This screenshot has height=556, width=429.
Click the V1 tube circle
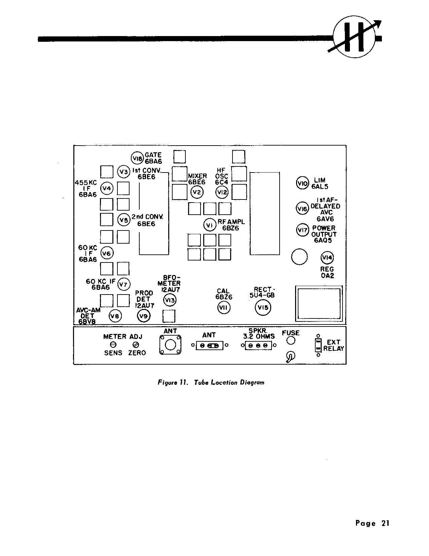(210, 225)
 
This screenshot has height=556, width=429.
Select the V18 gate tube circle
(137, 158)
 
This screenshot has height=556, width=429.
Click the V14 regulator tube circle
(327, 258)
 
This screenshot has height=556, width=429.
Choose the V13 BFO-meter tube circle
(170, 300)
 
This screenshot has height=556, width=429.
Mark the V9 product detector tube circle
(144, 316)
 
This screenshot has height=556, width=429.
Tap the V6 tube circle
(107, 253)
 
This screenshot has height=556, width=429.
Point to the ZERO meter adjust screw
(136, 345)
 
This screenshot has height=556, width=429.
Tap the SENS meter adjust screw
(113, 345)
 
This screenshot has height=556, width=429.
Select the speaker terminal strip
(258, 345)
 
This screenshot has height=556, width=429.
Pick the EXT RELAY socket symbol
(318, 345)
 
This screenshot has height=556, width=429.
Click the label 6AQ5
(323, 240)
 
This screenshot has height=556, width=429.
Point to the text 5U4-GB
(262, 296)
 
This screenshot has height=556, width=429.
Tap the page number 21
(386, 523)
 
